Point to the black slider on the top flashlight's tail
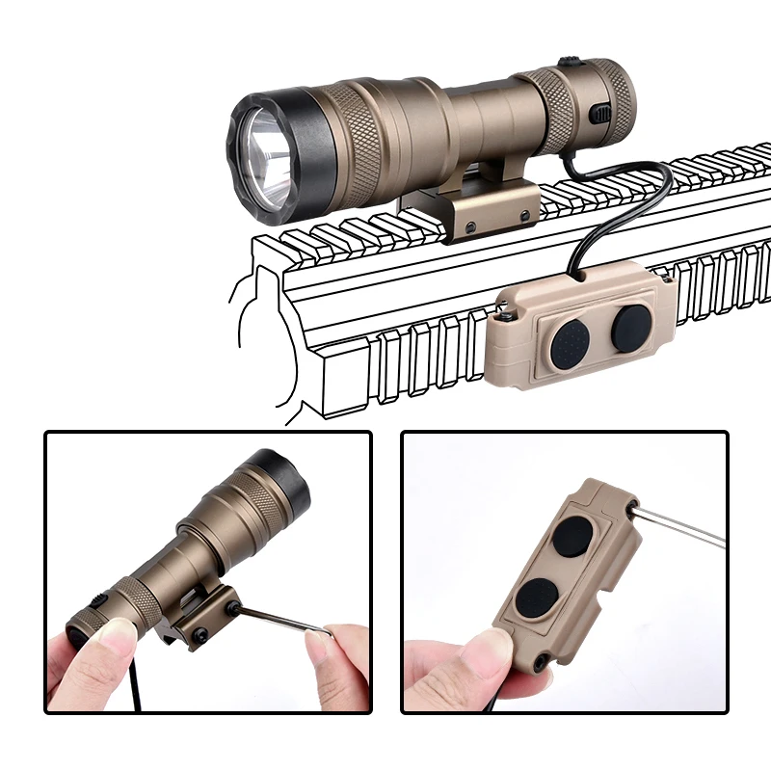[600, 114]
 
